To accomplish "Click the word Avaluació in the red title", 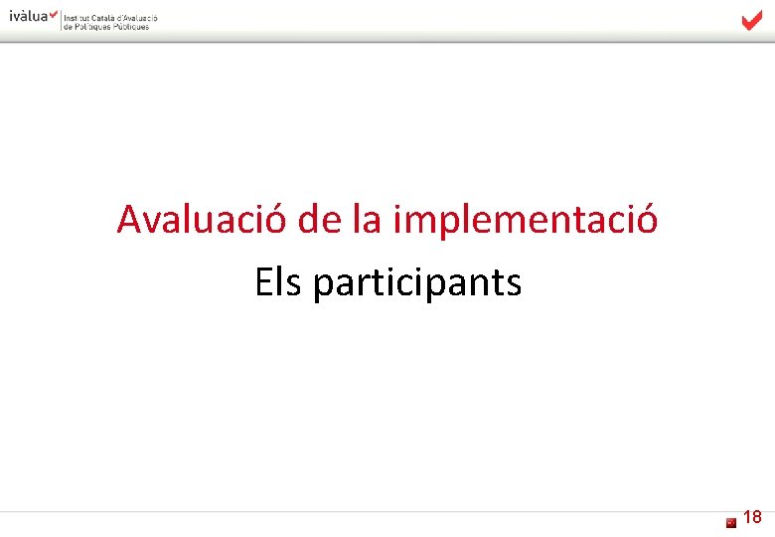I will pos(202,220).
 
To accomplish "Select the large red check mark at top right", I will pos(751,21).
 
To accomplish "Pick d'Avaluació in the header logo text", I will pos(137,18).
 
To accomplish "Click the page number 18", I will pos(752,517).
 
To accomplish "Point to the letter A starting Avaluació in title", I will pos(128,220).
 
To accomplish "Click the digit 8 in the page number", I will pos(757,517).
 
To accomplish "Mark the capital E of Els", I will pos(263,283).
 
